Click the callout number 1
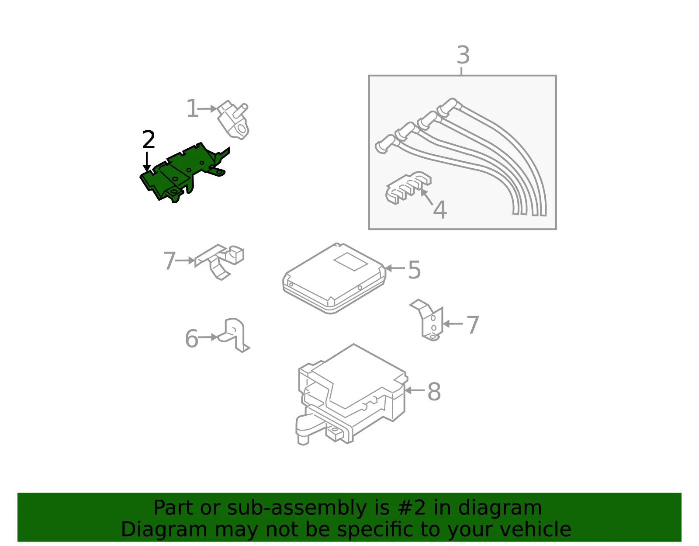point(192,108)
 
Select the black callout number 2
point(149,139)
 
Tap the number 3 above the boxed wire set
point(463,55)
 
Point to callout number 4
point(440,210)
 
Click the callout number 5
point(414,270)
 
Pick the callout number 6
point(192,338)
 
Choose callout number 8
point(434,392)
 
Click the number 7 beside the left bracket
point(170,261)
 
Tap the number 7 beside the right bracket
point(473,325)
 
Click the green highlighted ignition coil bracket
point(180,174)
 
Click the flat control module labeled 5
point(334,278)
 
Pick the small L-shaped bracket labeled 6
point(234,335)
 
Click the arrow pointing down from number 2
point(147,162)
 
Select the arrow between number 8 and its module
point(415,391)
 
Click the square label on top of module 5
point(351,261)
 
